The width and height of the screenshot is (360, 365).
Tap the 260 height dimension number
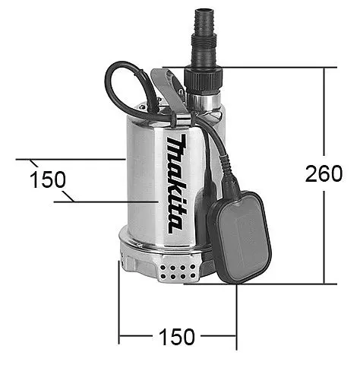(x=324, y=174)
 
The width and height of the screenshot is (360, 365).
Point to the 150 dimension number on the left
(x=47, y=180)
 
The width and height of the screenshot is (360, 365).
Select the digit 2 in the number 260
(x=311, y=174)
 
